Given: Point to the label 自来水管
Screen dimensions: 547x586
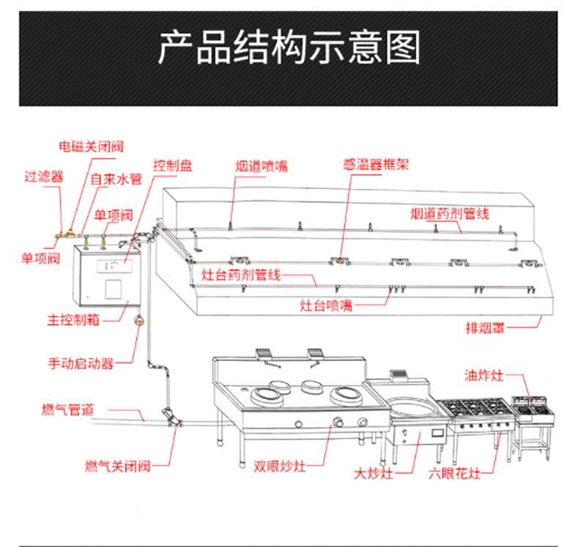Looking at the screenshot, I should click(x=116, y=179).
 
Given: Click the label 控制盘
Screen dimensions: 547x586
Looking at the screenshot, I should click(x=173, y=165).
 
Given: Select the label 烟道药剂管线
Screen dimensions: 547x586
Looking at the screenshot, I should click(x=449, y=213).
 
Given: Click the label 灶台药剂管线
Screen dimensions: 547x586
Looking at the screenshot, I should click(x=241, y=275).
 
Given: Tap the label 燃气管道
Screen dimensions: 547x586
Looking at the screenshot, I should click(x=67, y=410).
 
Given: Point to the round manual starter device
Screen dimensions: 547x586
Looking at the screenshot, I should click(x=138, y=319).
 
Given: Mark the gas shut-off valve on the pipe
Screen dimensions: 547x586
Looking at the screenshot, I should click(x=173, y=419).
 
